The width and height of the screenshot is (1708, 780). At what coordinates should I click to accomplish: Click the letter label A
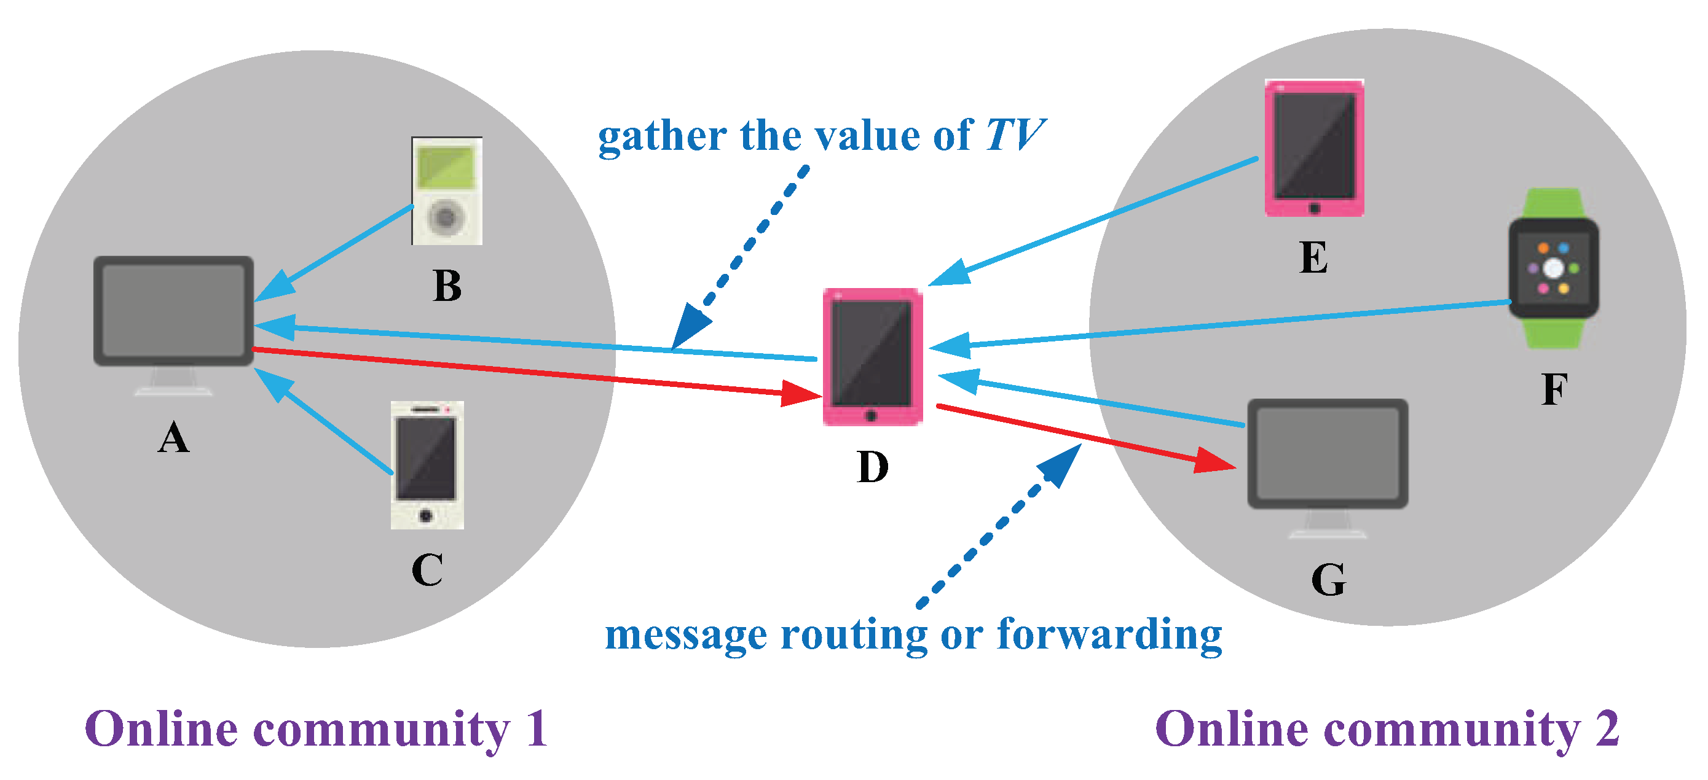(x=173, y=438)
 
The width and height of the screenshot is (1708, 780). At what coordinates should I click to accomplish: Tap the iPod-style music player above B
(x=446, y=190)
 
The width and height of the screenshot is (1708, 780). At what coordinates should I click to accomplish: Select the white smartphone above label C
(x=427, y=464)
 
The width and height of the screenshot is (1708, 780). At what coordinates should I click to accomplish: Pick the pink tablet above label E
(x=1313, y=147)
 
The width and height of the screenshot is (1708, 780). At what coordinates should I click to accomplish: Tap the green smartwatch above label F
(x=1553, y=268)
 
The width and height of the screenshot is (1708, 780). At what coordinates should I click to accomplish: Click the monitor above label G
(x=1328, y=454)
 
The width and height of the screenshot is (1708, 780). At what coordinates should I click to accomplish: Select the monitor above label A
(x=173, y=311)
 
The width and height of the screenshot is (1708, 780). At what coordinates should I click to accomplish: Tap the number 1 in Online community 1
(x=537, y=729)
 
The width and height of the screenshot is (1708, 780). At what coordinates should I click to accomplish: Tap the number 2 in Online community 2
(x=1606, y=729)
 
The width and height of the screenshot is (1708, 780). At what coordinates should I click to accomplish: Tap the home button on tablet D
(x=872, y=416)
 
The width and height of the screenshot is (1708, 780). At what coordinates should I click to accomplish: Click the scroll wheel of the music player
(x=446, y=217)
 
